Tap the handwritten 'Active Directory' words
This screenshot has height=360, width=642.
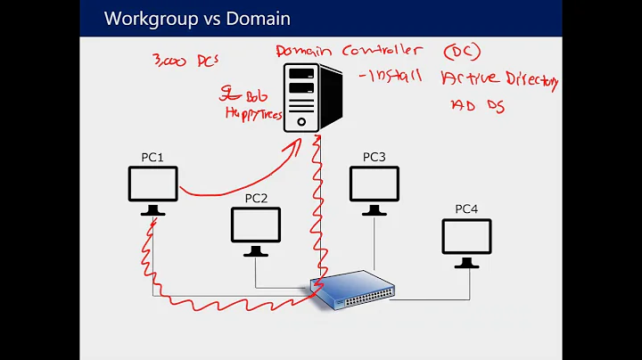499,83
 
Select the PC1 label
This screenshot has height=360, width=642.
152,158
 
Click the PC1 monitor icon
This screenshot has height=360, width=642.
153,188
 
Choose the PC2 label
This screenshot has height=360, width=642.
256,198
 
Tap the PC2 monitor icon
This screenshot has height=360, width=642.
256,229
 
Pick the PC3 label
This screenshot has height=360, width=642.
374,157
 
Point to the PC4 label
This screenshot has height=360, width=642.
466,209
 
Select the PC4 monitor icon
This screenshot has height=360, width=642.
466,241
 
